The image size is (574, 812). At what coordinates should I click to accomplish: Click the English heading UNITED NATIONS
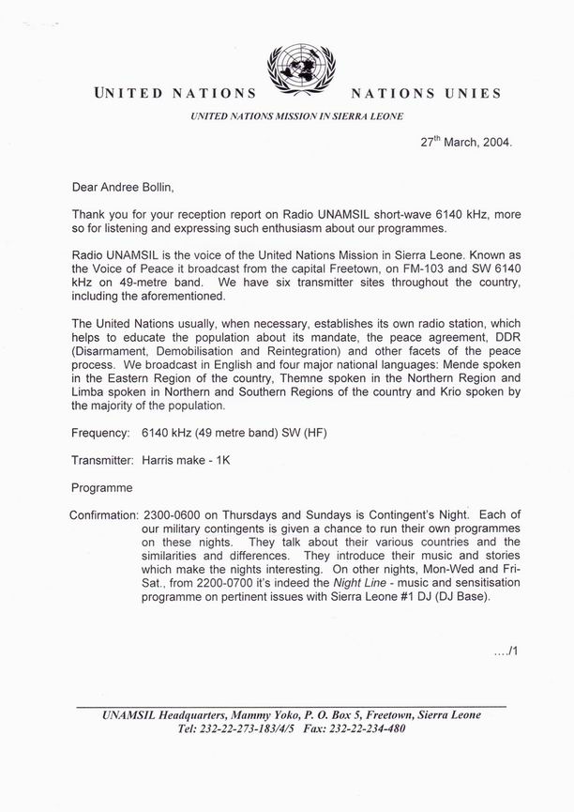point(174,94)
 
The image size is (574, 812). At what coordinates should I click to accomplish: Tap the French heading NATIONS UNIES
point(425,94)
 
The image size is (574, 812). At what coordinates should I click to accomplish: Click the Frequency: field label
point(102,461)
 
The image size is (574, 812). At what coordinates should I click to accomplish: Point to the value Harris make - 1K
point(191,487)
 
